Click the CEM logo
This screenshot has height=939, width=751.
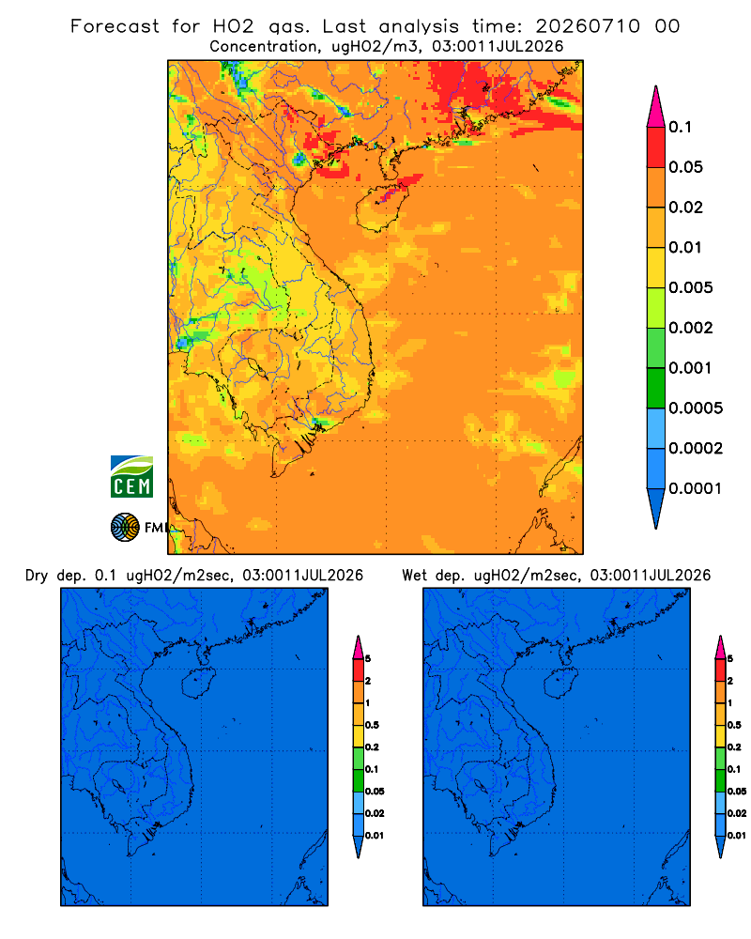(131, 477)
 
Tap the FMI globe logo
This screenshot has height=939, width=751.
(125, 528)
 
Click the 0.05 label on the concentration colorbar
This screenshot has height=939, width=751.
(685, 167)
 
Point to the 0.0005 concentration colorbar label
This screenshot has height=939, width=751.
(696, 408)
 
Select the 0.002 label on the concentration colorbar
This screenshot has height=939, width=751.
(691, 328)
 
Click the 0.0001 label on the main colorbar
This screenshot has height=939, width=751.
(696, 488)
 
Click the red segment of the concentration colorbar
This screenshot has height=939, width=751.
(656, 146)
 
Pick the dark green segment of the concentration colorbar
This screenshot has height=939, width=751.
(656, 388)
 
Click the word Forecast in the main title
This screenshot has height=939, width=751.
(115, 26)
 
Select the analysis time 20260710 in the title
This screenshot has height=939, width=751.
(588, 26)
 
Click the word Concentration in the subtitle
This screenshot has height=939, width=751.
(264, 47)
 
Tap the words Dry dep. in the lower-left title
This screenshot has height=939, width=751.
(55, 576)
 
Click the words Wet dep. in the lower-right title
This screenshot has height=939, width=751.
(433, 576)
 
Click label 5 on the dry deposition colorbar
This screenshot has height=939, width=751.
(368, 659)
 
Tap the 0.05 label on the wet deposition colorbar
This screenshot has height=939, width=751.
(737, 791)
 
